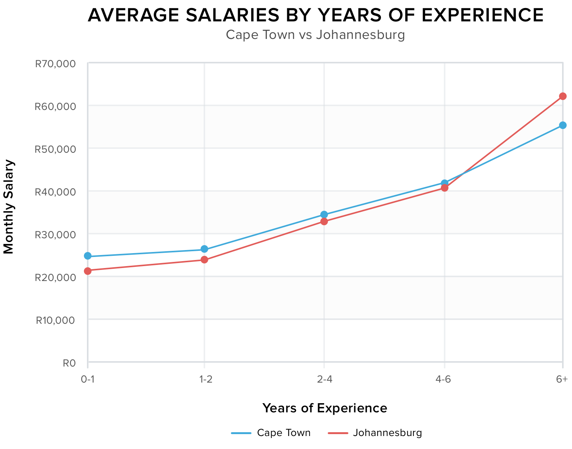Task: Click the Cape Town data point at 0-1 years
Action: tap(88, 256)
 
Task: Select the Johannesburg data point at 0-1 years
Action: tap(88, 271)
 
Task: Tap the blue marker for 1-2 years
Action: tap(204, 249)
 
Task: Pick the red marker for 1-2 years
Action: tap(204, 260)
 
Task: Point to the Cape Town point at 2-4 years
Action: tap(324, 215)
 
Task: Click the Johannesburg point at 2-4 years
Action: tap(324, 221)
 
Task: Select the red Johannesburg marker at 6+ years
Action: tap(563, 96)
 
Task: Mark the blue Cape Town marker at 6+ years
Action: tap(563, 125)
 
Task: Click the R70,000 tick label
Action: tap(55, 64)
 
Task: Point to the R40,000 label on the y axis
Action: tap(55, 192)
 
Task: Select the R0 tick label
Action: tap(69, 363)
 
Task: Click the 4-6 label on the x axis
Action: tap(444, 380)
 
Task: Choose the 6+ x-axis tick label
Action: tap(562, 380)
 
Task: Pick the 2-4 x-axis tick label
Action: tap(324, 380)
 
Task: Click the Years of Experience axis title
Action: tap(325, 408)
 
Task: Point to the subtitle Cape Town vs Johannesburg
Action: tap(315, 35)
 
